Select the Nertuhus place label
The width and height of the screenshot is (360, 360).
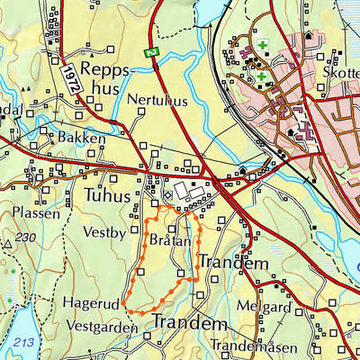coord(157,100)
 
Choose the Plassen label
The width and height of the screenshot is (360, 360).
coord(36,213)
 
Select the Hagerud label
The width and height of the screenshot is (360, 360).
coord(92,304)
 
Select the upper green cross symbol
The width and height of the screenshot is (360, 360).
coord(263,44)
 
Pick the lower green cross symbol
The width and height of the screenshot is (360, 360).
coord(261,77)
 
